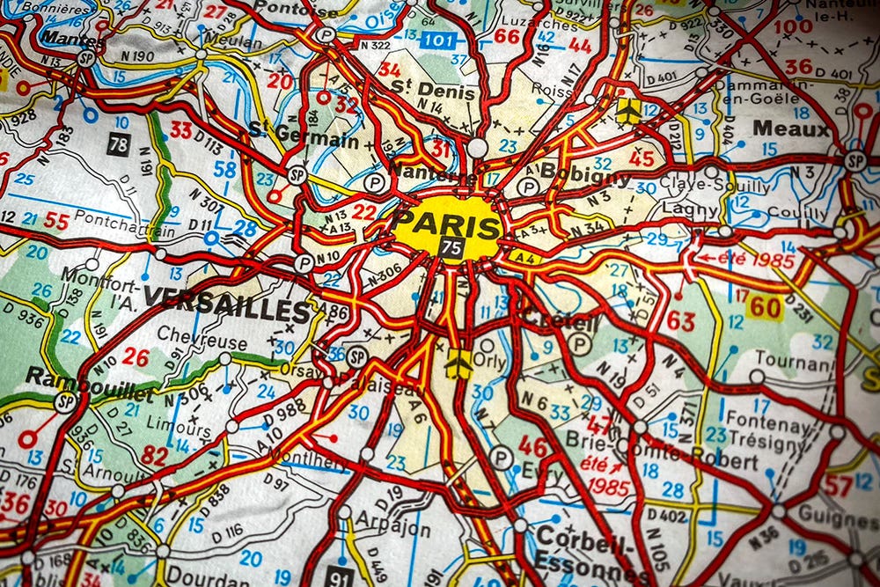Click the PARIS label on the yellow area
pyautogui.click(x=446, y=225)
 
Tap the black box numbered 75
pyautogui.click(x=451, y=248)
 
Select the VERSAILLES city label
pyautogui.click(x=227, y=304)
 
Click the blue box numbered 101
pyautogui.click(x=437, y=40)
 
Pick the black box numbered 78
pyautogui.click(x=119, y=144)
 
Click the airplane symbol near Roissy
pyautogui.click(x=628, y=110)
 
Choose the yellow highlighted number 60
pyautogui.click(x=765, y=306)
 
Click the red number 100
pyautogui.click(x=793, y=26)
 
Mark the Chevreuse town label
pyautogui.click(x=189, y=341)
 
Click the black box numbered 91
pyautogui.click(x=340, y=576)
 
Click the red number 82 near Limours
pyautogui.click(x=154, y=455)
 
